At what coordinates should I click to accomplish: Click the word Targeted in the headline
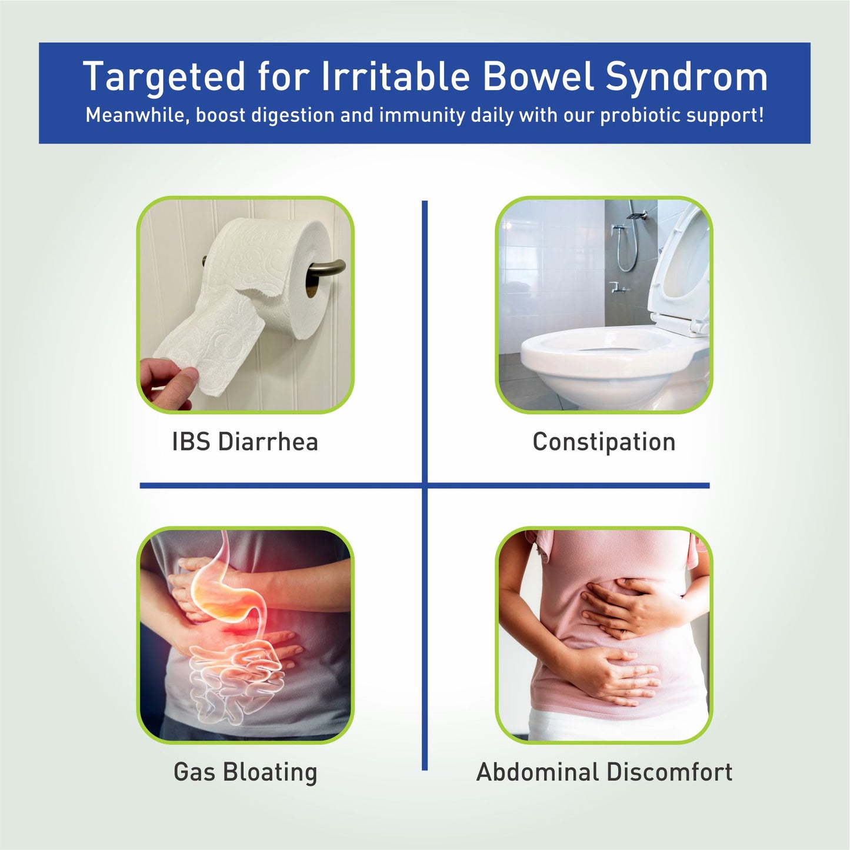click(x=164, y=77)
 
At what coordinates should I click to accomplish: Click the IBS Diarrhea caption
click(x=245, y=442)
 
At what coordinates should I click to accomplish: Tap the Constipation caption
click(x=604, y=442)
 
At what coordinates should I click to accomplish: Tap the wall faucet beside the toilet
click(x=618, y=288)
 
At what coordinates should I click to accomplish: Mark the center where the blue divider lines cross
click(x=425, y=486)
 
